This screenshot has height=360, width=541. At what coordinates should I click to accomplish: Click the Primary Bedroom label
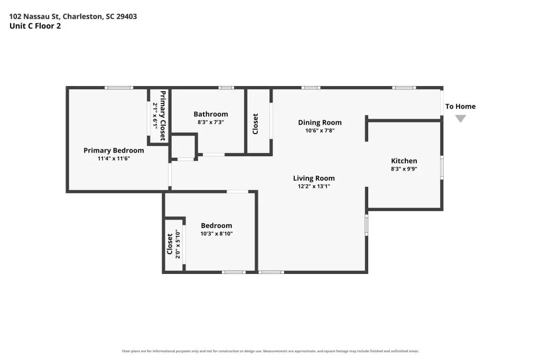pyautogui.click(x=114, y=150)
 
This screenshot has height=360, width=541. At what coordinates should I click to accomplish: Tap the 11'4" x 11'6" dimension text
pyautogui.click(x=114, y=158)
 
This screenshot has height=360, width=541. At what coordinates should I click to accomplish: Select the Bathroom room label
pyautogui.click(x=210, y=114)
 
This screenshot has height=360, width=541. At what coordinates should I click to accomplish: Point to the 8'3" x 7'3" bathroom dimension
pyautogui.click(x=210, y=122)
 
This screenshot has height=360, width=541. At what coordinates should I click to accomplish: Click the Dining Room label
pyautogui.click(x=320, y=123)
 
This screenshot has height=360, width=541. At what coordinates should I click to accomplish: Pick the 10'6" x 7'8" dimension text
pyautogui.click(x=320, y=131)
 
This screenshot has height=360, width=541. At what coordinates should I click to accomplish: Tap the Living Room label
pyautogui.click(x=314, y=178)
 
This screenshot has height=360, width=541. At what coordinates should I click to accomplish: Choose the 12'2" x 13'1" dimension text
pyautogui.click(x=314, y=186)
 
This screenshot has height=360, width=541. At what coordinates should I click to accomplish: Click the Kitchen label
pyautogui.click(x=404, y=160)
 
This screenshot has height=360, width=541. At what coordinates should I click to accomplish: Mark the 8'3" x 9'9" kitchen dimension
pyautogui.click(x=404, y=169)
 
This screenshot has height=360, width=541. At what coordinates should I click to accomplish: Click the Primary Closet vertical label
pyautogui.click(x=163, y=116)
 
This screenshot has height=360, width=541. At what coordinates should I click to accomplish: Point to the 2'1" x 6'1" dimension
pyautogui.click(x=155, y=116)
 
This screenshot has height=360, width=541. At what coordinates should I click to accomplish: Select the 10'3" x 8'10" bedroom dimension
pyautogui.click(x=217, y=234)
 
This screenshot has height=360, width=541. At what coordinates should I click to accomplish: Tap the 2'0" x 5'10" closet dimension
pyautogui.click(x=178, y=244)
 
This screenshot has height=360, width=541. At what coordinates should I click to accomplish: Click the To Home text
pyautogui.click(x=460, y=106)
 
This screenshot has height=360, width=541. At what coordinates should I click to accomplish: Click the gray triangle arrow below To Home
pyautogui.click(x=461, y=118)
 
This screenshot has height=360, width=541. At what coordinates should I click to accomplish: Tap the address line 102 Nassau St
pyautogui.click(x=73, y=16)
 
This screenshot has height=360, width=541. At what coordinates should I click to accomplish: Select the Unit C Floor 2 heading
pyautogui.click(x=35, y=26)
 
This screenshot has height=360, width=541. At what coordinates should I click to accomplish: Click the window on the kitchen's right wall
pyautogui.click(x=442, y=167)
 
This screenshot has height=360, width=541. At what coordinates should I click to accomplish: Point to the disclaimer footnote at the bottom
pyautogui.click(x=270, y=351)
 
